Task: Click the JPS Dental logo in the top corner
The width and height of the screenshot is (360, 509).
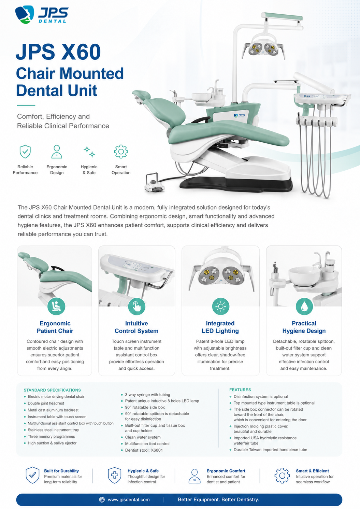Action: (42, 15)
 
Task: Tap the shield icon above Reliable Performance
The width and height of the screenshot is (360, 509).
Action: (25, 151)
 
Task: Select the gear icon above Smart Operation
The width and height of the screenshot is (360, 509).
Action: (121, 151)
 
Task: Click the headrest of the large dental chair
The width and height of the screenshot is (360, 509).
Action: (141, 95)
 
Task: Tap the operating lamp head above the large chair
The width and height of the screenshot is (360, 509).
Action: (263, 48)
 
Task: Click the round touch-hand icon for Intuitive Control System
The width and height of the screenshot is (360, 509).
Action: (136, 306)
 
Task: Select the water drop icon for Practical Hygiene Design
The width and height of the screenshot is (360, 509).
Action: (304, 306)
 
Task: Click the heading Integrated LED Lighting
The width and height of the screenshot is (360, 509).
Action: (220, 327)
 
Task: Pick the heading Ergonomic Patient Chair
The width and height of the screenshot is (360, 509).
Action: (55, 327)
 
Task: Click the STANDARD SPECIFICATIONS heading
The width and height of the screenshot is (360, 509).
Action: (52, 390)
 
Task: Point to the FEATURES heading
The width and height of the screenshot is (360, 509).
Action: (240, 390)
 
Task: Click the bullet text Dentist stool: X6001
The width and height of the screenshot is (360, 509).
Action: (144, 450)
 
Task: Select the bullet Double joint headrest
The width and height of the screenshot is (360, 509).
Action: (46, 403)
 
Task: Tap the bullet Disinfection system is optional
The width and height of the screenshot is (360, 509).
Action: (261, 397)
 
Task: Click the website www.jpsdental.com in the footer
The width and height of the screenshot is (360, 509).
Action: (129, 499)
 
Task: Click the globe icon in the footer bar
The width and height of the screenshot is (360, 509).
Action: (102, 499)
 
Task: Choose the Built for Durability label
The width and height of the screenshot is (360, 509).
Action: (61, 471)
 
